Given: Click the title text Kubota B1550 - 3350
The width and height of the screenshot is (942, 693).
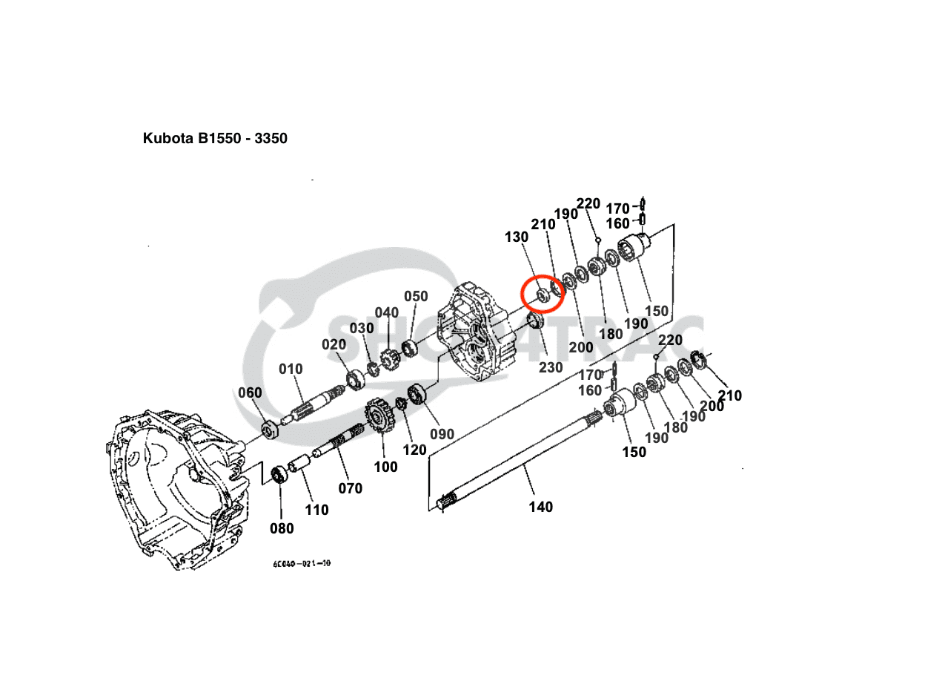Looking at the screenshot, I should coord(215,138).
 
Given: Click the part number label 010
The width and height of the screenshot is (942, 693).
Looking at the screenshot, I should coord(291,369).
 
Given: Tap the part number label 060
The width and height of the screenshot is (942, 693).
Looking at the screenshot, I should coord(250,393).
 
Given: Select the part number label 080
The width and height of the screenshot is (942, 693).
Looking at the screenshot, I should coord(282,528).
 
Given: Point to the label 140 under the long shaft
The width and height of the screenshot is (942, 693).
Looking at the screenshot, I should coord(540,507).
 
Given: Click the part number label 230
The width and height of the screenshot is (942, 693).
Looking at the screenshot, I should coord(551,367).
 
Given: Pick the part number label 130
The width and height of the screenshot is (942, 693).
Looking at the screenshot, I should coord(517,237).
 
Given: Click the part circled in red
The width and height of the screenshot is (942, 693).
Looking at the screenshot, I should coord(542,295).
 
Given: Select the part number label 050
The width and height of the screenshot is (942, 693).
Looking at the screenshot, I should coord(416,296).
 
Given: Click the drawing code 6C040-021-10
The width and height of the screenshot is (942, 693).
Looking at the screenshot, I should coord(302,563).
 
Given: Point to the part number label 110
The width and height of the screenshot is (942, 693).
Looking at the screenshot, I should coord(316,510).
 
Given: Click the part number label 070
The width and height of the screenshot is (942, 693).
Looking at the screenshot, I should coord(351,488).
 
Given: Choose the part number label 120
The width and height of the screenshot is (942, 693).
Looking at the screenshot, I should coord(414,450).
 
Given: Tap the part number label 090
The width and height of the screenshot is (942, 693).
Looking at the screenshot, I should coord(442,433).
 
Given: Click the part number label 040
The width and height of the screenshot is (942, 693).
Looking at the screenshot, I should coord(387,312).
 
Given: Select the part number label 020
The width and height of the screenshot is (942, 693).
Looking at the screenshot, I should coord(334,344).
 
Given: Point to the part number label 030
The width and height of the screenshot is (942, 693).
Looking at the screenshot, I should coord(362,328).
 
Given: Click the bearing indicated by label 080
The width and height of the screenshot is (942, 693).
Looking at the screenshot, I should coord(281,474).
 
